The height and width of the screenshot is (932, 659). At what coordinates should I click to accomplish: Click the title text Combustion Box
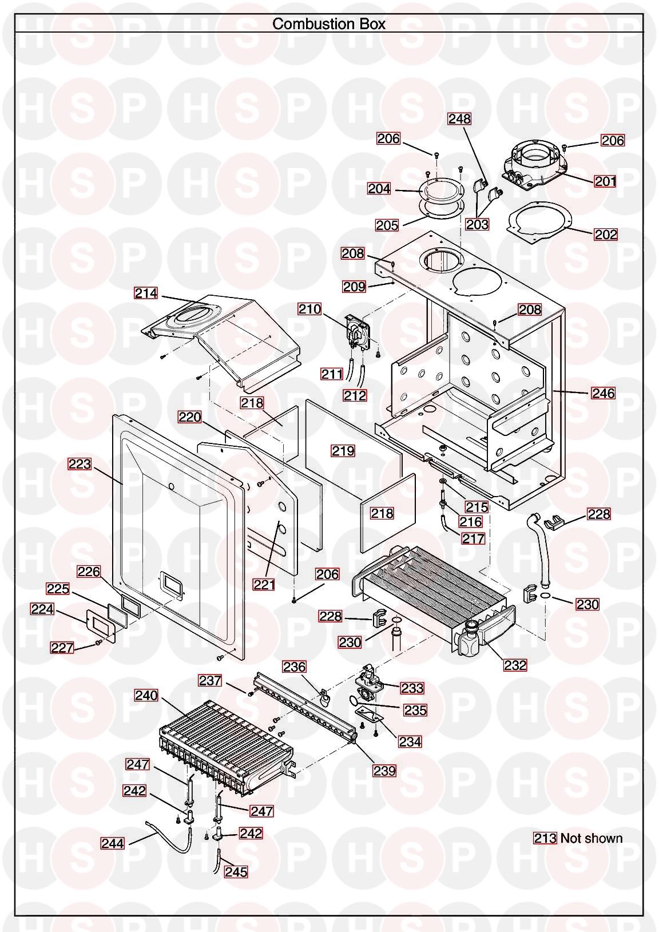[x=329, y=23]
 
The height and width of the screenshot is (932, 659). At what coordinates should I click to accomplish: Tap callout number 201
[x=605, y=181]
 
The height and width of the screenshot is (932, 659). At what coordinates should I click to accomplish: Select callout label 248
[x=459, y=119]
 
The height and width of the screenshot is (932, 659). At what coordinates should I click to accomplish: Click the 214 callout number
[x=146, y=294]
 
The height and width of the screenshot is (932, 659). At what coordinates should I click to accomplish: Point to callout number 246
[x=604, y=393]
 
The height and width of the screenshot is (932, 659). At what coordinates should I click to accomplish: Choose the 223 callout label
[x=80, y=463]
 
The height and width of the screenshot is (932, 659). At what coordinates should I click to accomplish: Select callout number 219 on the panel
[x=343, y=451]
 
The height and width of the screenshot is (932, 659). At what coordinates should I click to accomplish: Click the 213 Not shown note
[x=578, y=838]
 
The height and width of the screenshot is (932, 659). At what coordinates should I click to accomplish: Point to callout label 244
[x=113, y=843]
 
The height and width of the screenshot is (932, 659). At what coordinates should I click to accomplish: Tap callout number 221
[x=264, y=585]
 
